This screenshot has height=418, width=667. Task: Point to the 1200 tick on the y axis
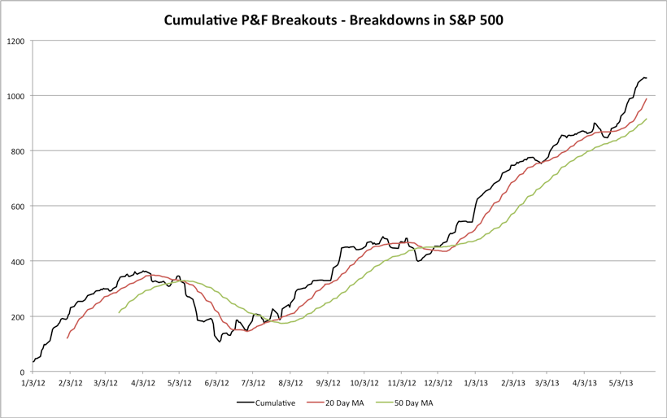pyautogui.click(x=16, y=41)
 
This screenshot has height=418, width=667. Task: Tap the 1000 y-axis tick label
pyautogui.click(x=16, y=96)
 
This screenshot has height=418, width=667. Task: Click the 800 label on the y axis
pyautogui.click(x=19, y=151)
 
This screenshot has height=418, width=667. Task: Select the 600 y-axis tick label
pyautogui.click(x=19, y=206)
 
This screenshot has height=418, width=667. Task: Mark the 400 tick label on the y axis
pyautogui.click(x=19, y=261)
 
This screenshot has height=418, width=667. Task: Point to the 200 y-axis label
pyautogui.click(x=19, y=316)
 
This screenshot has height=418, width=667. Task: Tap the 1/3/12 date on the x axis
pyautogui.click(x=33, y=381)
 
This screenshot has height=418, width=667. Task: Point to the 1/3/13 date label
pyautogui.click(x=476, y=381)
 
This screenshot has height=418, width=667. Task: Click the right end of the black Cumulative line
pyautogui.click(x=646, y=78)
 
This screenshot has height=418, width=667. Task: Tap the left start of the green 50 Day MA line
pyautogui.click(x=119, y=312)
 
